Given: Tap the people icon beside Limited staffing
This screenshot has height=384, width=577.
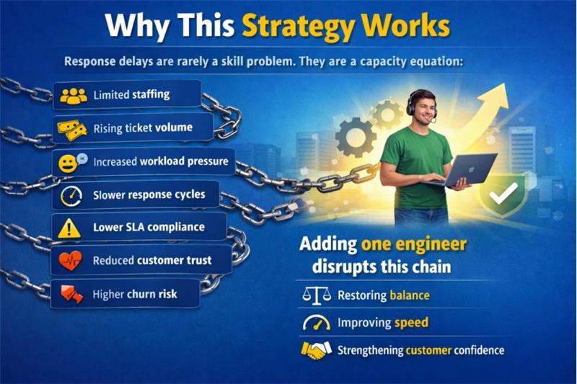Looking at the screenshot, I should pyautogui.click(x=73, y=96).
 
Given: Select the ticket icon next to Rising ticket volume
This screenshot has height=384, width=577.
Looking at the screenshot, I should pyautogui.click(x=73, y=129).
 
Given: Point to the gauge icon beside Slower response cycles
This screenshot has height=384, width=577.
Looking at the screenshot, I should pyautogui.click(x=71, y=195).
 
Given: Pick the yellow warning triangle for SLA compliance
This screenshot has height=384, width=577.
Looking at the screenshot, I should pyautogui.click(x=70, y=228).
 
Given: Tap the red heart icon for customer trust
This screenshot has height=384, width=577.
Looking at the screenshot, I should pyautogui.click(x=71, y=261).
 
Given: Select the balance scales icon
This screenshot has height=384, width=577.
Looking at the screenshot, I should pyautogui.click(x=315, y=295).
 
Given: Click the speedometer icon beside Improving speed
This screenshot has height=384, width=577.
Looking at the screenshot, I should pyautogui.click(x=316, y=322).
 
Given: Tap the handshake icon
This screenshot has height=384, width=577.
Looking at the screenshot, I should pyautogui.click(x=316, y=351).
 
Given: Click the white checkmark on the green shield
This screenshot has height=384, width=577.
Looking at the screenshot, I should pyautogui.click(x=508, y=192).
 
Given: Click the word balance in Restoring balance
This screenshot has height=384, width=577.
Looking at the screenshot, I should pyautogui.click(x=409, y=295).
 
